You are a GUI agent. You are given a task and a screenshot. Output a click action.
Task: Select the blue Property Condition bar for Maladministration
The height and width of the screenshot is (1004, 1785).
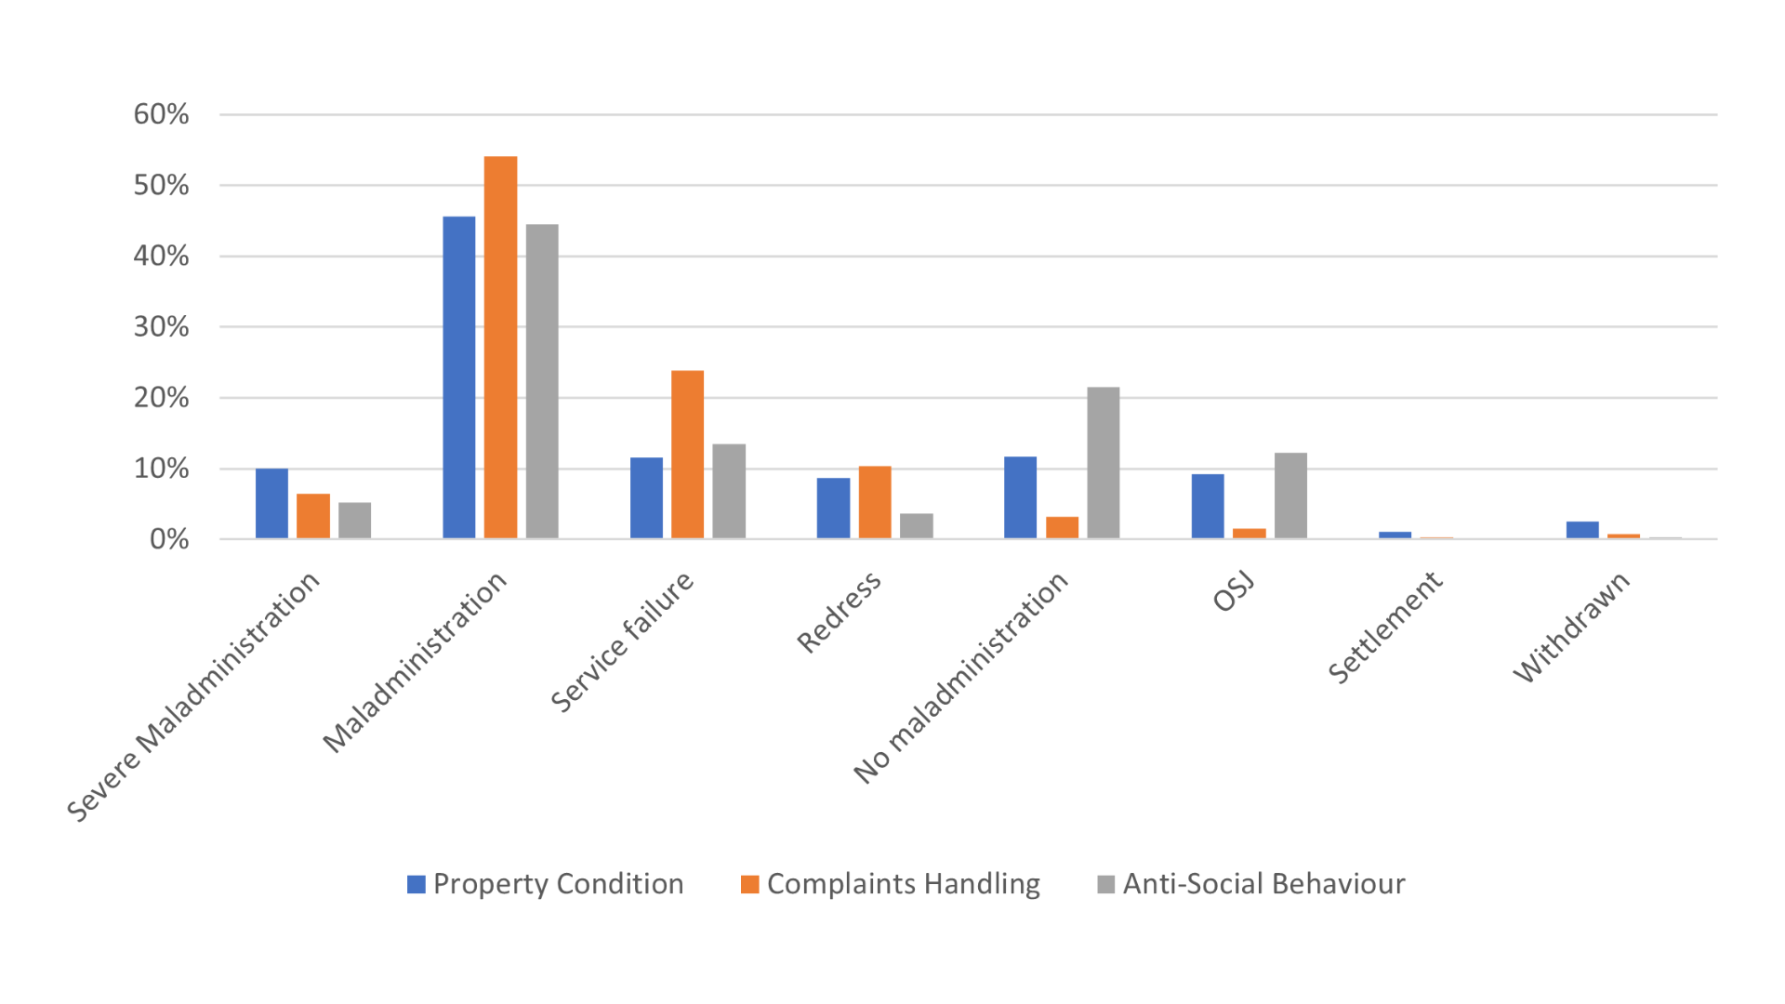click(458, 377)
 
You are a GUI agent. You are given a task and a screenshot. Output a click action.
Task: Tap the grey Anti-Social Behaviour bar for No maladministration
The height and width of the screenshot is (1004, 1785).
click(1104, 463)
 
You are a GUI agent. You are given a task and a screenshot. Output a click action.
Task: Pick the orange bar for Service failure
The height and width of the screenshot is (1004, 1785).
click(687, 455)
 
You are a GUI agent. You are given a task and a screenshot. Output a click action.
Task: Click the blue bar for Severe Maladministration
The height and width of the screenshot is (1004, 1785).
click(271, 503)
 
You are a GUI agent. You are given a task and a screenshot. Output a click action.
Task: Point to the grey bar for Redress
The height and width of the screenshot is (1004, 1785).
click(916, 526)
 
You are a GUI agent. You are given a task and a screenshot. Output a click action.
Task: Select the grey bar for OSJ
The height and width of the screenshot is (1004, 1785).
click(1290, 495)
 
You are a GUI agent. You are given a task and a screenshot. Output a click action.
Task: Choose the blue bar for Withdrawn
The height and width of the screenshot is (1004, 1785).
click(1582, 530)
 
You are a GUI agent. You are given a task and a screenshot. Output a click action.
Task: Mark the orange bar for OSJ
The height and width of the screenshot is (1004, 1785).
click(1249, 534)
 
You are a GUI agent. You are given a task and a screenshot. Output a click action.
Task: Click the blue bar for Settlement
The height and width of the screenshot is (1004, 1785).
click(1395, 535)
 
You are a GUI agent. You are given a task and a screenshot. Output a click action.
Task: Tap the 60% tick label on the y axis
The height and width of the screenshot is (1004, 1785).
click(161, 114)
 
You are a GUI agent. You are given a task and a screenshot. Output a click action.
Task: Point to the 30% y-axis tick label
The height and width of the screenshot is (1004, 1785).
click(161, 327)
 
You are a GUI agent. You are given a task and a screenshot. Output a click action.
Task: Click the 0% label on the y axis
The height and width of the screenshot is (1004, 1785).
click(168, 539)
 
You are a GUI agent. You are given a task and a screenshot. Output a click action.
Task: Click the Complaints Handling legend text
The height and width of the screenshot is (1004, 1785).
click(903, 883)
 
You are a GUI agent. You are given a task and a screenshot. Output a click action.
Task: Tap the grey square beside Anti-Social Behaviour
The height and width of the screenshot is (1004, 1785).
click(1105, 884)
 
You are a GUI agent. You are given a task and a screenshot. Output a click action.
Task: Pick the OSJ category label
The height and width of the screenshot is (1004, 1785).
click(1235, 592)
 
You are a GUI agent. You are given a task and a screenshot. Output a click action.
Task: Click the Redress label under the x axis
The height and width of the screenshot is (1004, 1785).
click(839, 613)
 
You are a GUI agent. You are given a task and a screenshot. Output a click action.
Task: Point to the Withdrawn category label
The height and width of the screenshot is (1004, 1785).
click(1571, 627)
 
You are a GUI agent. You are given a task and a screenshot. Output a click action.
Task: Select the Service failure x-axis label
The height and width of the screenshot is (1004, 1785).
click(622, 642)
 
